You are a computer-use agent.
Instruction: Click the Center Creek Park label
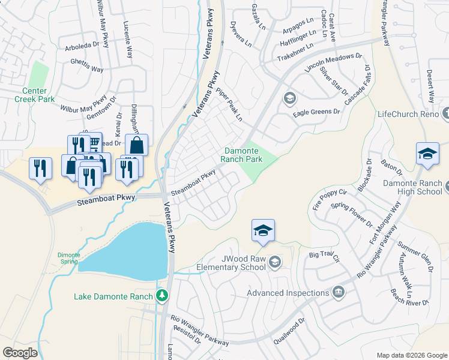click(x=34, y=95)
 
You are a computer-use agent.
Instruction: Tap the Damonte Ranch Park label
click(x=243, y=155)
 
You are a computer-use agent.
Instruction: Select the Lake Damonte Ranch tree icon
click(x=161, y=295)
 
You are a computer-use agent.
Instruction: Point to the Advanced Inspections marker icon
click(x=338, y=292)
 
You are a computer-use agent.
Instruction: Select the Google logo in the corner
click(x=20, y=353)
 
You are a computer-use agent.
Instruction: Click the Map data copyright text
click(x=411, y=355)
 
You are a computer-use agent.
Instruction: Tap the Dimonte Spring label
click(x=68, y=258)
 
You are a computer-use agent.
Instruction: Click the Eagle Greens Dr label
click(x=316, y=112)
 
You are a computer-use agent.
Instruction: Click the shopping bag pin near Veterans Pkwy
click(x=137, y=145)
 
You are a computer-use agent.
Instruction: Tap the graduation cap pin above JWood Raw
click(x=263, y=230)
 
